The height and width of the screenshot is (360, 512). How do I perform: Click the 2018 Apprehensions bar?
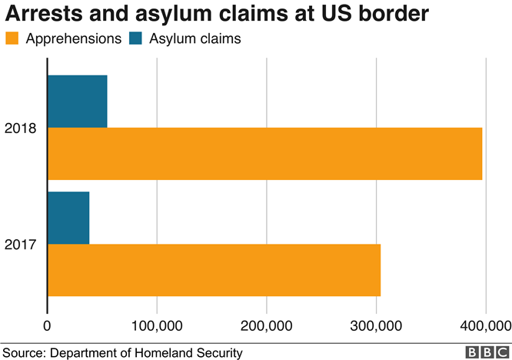point(265,154)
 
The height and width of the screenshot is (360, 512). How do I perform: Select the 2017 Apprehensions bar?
point(214,270)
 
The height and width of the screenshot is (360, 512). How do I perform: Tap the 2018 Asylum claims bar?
point(77,101)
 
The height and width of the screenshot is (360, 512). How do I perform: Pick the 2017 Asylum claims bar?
point(68,218)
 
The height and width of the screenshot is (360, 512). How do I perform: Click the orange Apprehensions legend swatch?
point(13,39)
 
